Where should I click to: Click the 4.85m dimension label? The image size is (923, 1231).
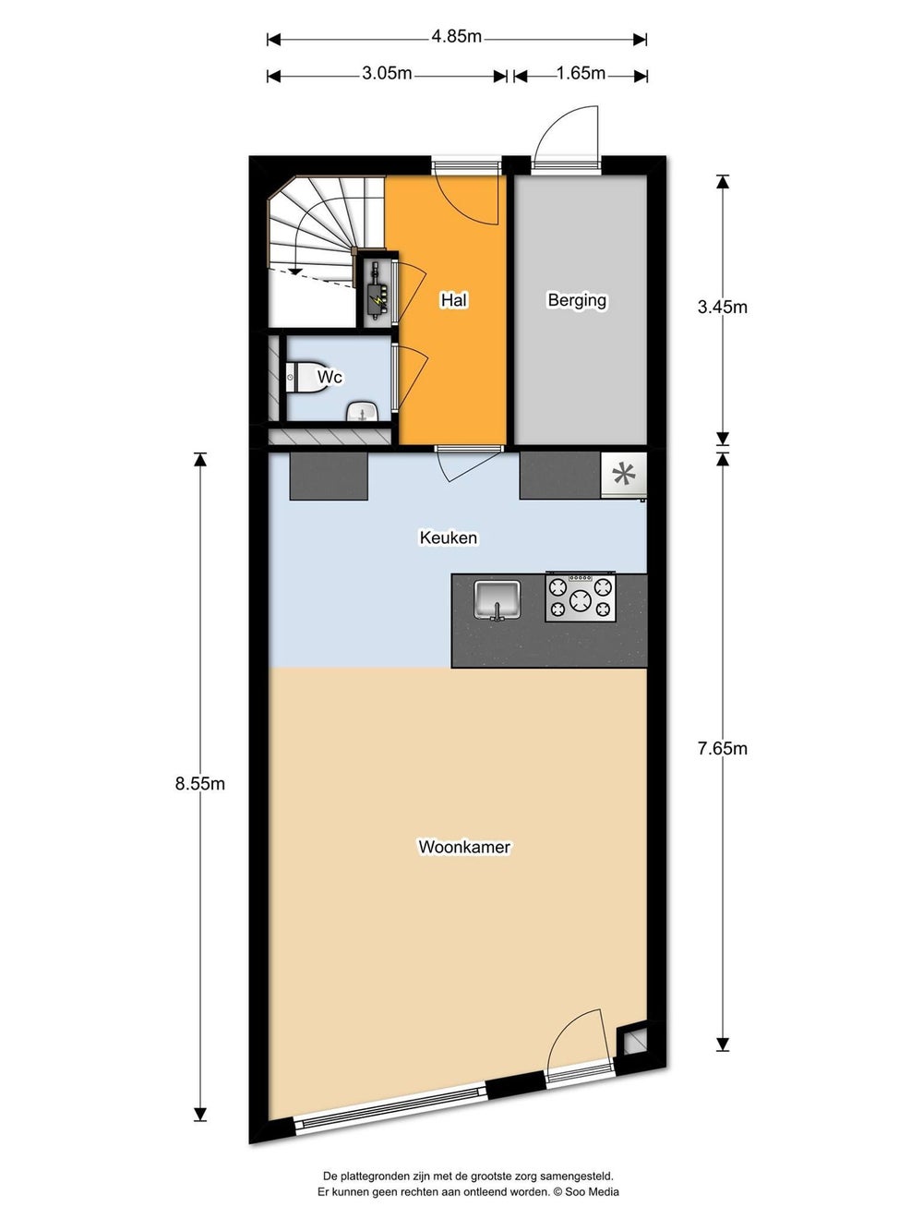click(x=456, y=36)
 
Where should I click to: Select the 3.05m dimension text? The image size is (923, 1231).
click(x=387, y=74)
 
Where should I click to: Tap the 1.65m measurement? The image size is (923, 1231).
click(x=580, y=74)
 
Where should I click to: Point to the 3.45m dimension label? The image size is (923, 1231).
click(x=723, y=307)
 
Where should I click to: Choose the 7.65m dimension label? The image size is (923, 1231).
click(x=723, y=748)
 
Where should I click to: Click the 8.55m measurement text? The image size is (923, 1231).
click(x=200, y=783)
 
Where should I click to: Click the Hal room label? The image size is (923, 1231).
click(x=454, y=300)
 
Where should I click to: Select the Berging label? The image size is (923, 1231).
click(x=577, y=301)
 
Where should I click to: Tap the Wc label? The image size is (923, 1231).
click(x=330, y=376)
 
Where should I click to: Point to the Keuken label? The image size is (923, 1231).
click(x=449, y=537)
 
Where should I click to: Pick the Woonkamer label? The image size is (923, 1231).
click(x=464, y=846)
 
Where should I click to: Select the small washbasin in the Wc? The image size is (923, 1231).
click(x=364, y=412)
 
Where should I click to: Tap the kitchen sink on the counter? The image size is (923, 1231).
click(x=497, y=599)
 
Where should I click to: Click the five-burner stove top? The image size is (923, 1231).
click(x=581, y=597)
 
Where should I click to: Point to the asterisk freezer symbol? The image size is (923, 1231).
click(x=624, y=475)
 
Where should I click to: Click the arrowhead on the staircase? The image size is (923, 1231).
click(x=294, y=272)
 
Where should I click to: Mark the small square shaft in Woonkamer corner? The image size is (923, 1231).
click(x=634, y=1042)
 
